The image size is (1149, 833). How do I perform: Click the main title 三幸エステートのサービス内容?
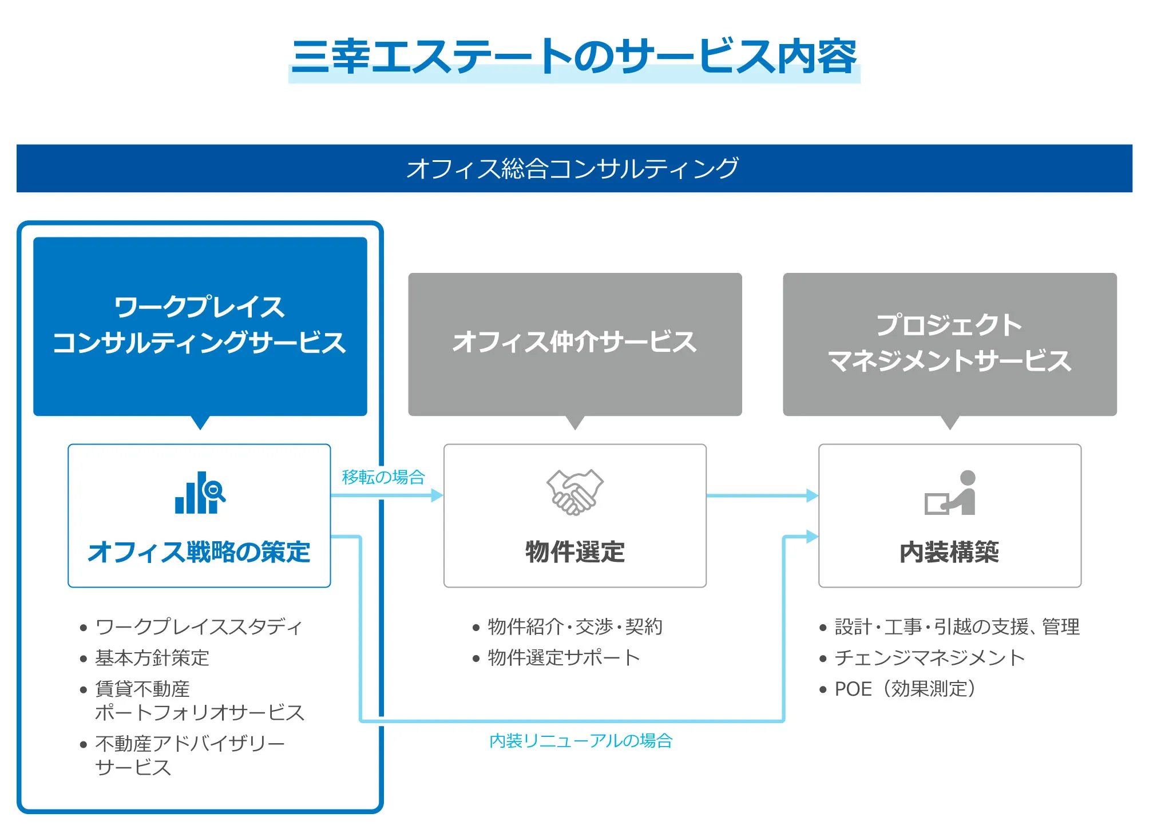574,57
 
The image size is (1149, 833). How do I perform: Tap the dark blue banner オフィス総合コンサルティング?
574,168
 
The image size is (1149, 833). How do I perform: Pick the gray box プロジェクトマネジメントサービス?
949,343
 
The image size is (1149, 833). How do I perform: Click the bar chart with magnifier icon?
200,493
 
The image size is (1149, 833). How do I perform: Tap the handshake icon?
574,492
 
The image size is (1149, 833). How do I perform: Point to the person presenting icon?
950,493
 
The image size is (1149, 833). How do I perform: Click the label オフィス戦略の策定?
199,552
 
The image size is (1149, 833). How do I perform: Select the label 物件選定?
574,552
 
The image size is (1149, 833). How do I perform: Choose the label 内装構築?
949,552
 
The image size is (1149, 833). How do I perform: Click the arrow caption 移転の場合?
383,477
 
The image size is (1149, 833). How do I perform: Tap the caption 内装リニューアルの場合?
581,741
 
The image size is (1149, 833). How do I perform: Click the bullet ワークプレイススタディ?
199,627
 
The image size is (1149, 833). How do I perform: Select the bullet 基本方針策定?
152,658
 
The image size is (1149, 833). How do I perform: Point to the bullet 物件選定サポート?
564,658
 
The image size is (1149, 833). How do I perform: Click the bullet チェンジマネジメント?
929,658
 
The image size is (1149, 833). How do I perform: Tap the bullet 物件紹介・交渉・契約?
574,627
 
